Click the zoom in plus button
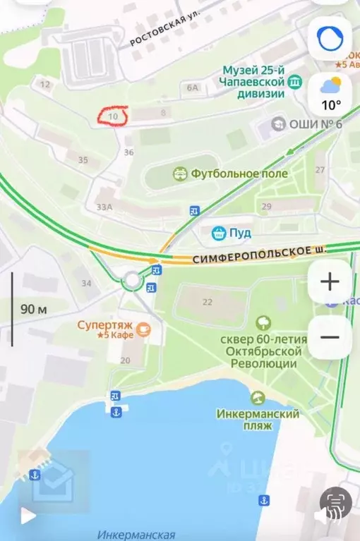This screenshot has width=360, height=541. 330,282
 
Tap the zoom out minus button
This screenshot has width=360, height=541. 330,337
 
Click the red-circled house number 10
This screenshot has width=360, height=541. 113,116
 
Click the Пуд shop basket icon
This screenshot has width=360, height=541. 219,232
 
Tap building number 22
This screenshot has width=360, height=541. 207,302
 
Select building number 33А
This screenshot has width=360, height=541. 104,207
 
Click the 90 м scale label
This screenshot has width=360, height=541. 32,309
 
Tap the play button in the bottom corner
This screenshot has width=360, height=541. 28,516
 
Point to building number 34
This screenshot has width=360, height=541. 86,283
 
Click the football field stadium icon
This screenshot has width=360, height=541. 180,173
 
